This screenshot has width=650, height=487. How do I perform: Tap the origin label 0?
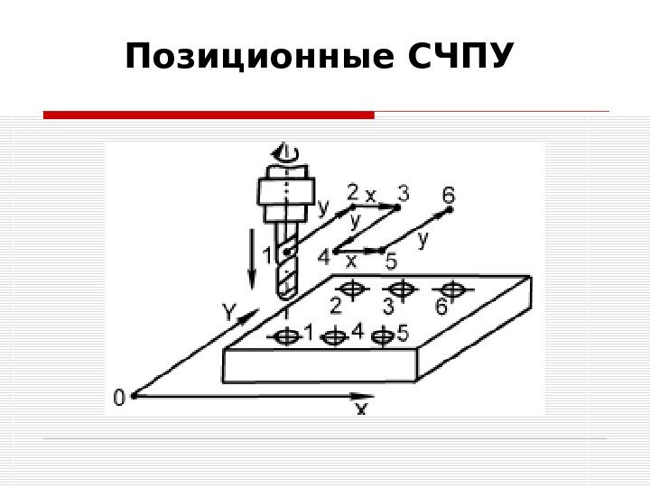tap(118, 397)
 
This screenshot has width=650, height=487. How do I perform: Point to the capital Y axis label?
tap(230, 314)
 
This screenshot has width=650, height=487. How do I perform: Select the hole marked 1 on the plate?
tap(285, 337)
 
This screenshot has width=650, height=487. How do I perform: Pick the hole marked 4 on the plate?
tap(335, 337)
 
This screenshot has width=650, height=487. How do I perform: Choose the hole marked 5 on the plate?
tap(383, 337)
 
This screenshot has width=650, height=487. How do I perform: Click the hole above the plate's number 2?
tap(352, 289)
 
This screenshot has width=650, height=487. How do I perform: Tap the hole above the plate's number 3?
tap(402, 289)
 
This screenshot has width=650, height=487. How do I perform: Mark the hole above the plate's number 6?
tap(453, 289)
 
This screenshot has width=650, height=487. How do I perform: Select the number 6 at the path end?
tap(449, 194)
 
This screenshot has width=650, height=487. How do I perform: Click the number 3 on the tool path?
tap(403, 192)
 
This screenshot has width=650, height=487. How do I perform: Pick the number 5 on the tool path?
tap(390, 262)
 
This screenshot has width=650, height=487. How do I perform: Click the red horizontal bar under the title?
tap(209, 115)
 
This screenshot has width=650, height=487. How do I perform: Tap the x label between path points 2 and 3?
tap(371, 195)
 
